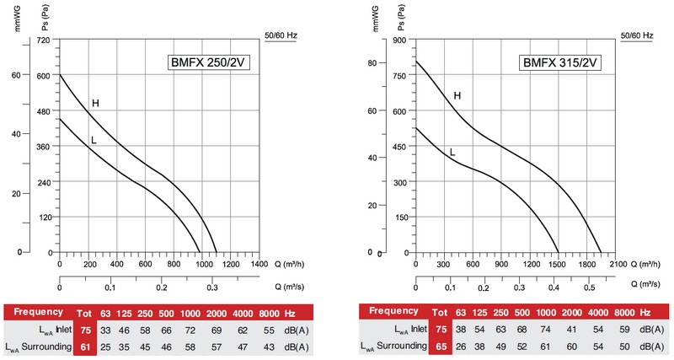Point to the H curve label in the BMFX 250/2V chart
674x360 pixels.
95,104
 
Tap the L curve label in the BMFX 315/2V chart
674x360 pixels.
452,153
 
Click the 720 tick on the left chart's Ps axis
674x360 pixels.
44,40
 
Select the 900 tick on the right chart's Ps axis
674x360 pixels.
399,40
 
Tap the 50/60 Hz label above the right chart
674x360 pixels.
637,35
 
